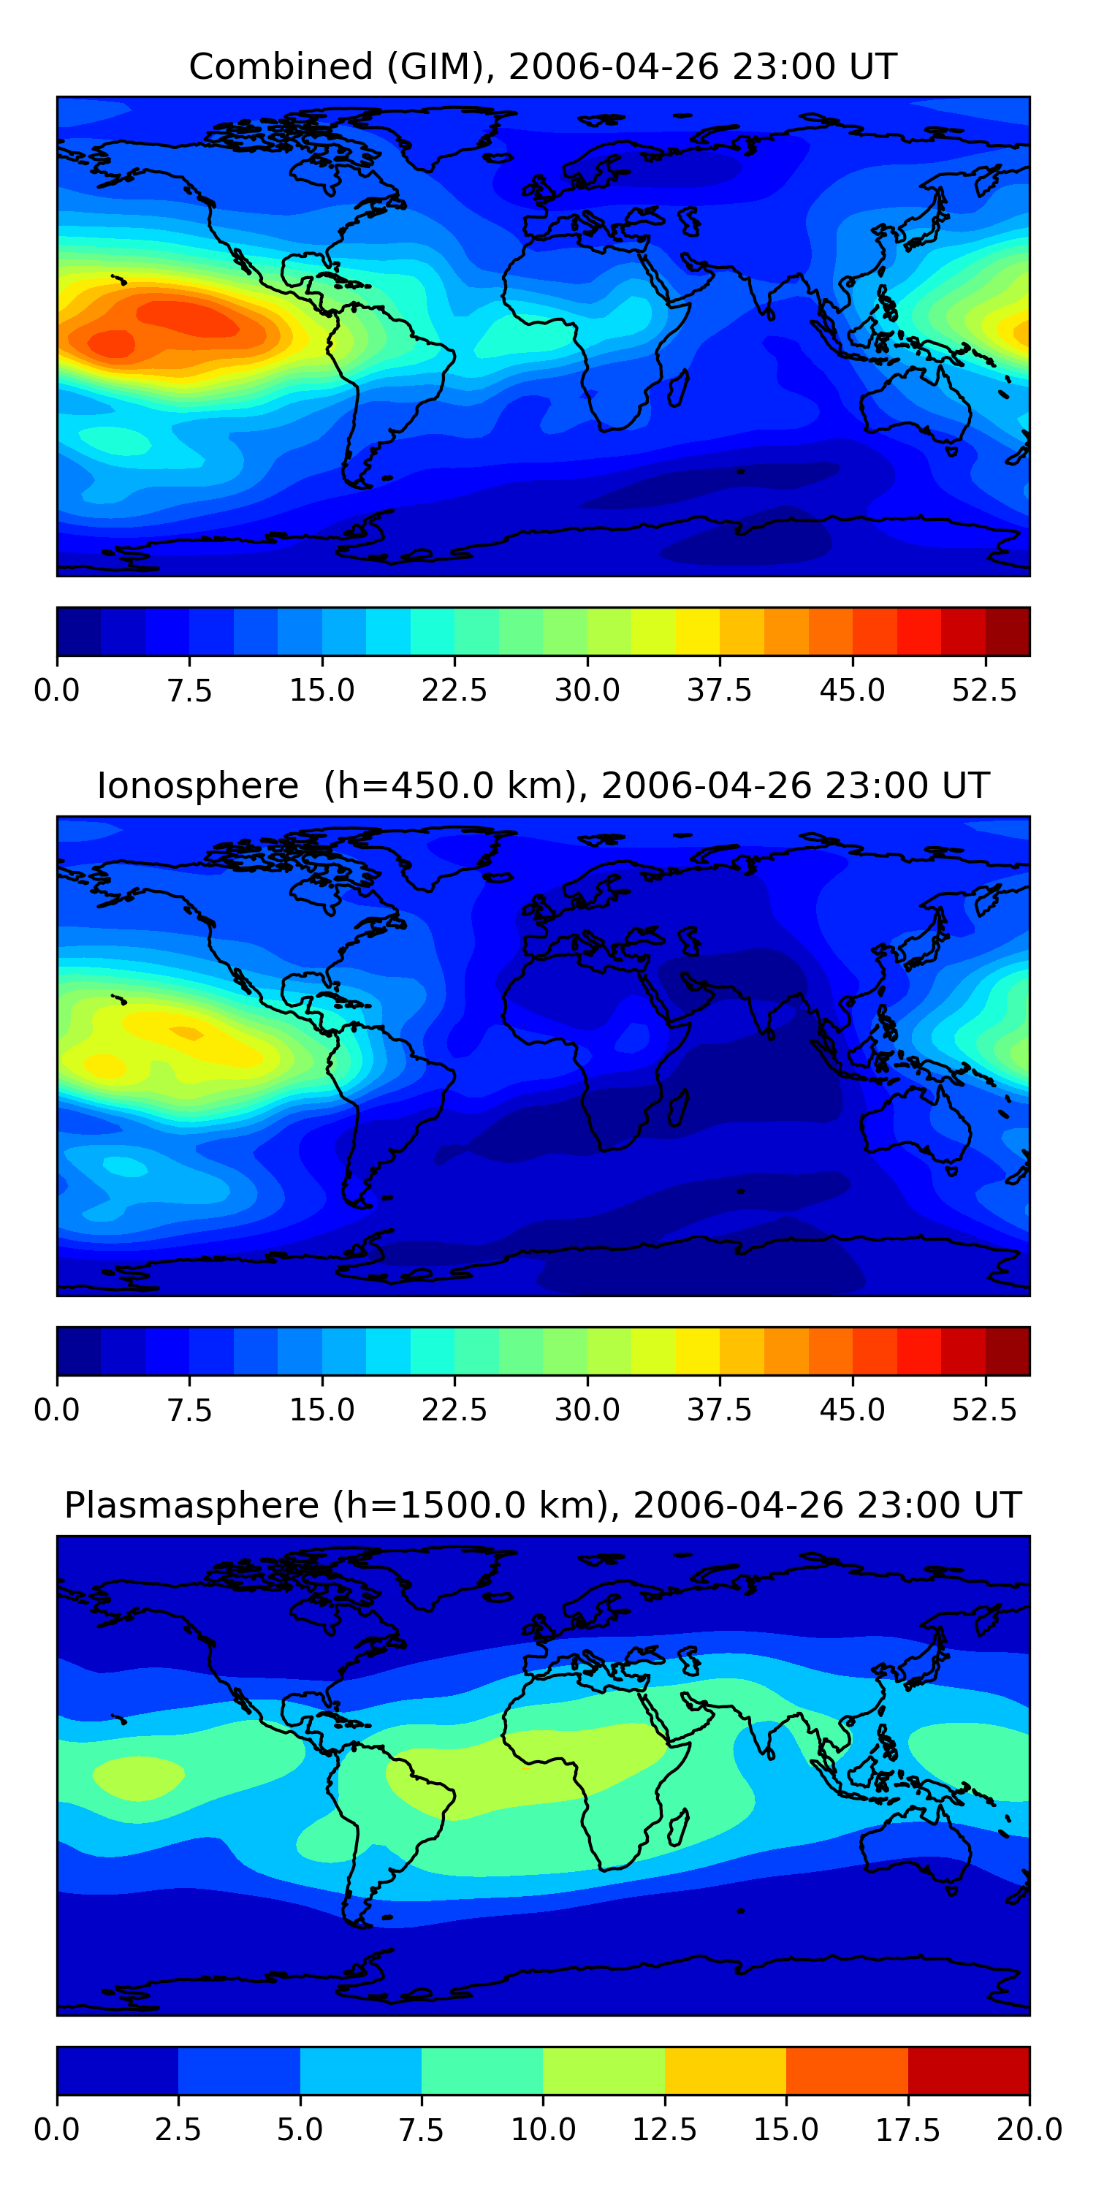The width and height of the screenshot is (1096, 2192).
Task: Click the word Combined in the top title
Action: point(281,67)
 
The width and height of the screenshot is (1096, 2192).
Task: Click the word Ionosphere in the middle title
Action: point(197,786)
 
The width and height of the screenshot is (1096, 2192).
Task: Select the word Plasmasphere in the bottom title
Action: point(191,1505)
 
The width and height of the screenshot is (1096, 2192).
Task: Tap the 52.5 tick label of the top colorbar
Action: point(984,690)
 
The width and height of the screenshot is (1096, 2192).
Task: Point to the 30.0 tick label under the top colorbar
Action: point(587,690)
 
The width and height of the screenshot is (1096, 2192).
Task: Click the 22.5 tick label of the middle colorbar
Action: point(454,1410)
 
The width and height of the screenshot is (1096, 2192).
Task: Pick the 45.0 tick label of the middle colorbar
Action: point(852,1410)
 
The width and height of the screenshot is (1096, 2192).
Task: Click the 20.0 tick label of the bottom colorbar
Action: point(1030,2130)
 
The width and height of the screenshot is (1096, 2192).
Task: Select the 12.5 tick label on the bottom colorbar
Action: point(665,2130)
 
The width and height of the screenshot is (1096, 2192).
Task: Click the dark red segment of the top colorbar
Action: point(1008,631)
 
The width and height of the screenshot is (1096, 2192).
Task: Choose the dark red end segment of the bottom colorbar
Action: point(968,2070)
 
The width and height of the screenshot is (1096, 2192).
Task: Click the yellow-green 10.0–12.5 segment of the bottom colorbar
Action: point(604,2070)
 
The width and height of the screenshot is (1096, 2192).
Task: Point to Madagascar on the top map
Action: point(677,388)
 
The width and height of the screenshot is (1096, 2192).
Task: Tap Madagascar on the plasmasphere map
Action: point(677,1827)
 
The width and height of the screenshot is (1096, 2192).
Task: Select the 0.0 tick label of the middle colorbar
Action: point(57,1410)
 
